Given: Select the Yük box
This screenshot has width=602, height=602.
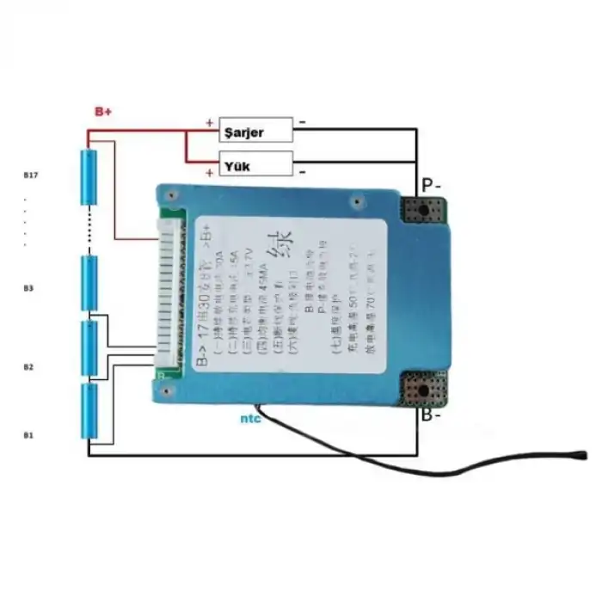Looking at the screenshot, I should point(255,163).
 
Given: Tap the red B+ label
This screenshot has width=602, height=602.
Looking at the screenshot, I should point(103,112).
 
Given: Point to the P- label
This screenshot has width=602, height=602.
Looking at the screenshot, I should point(431,185).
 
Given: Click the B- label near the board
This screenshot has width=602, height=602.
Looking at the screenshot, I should point(432,417).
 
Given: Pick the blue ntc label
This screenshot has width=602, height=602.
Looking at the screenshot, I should point(251,419).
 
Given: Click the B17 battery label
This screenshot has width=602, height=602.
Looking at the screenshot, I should point(31,175).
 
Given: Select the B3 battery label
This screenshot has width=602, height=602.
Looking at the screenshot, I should point(28,288).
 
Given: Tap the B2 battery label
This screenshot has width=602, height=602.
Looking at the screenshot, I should point(28,367).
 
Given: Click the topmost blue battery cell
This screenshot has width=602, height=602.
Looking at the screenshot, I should point(89,178).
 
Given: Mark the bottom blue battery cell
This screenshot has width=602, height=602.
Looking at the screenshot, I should point(89,411).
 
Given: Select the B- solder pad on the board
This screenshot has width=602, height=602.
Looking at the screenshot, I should point(423,390).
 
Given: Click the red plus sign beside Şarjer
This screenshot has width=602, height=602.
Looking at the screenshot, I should point(209,122).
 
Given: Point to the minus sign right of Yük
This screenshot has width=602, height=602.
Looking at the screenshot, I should point(303,171).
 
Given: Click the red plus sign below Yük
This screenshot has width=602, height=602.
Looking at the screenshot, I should point(209,173).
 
